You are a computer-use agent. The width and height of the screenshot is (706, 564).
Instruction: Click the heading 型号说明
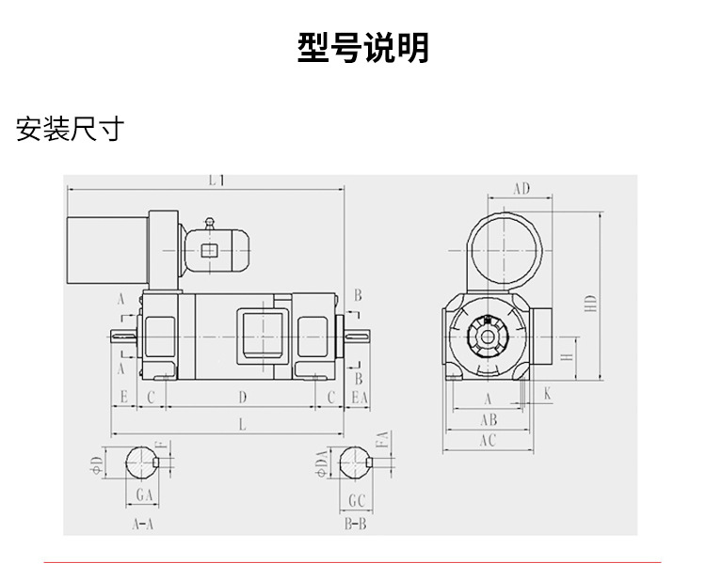[x=362, y=47]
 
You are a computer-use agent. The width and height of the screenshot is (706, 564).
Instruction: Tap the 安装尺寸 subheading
[x=70, y=128]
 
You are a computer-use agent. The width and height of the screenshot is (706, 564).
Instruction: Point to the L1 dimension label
[x=216, y=180]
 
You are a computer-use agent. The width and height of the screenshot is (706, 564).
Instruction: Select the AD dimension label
[x=521, y=189]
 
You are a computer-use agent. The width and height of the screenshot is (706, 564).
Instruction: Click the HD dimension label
[x=590, y=304]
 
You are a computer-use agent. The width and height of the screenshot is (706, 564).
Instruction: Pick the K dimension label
[x=548, y=395]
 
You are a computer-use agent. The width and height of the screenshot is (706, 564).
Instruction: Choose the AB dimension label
[x=489, y=419]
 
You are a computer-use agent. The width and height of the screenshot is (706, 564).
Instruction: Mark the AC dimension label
[x=488, y=439]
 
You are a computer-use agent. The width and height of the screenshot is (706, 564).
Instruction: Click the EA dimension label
[x=358, y=398]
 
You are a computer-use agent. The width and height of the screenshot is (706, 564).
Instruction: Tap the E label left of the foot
[x=123, y=398]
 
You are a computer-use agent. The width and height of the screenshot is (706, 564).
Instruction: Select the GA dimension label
[x=144, y=493]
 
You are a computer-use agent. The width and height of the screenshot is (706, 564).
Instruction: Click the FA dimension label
[x=381, y=440]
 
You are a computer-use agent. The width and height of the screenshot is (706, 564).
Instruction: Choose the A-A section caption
[x=143, y=524]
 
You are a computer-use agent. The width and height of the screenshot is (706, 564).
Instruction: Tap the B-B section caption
[x=356, y=524]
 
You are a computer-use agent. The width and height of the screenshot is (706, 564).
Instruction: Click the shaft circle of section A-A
[x=143, y=462]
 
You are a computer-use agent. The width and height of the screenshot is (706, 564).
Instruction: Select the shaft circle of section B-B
[x=356, y=462]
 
